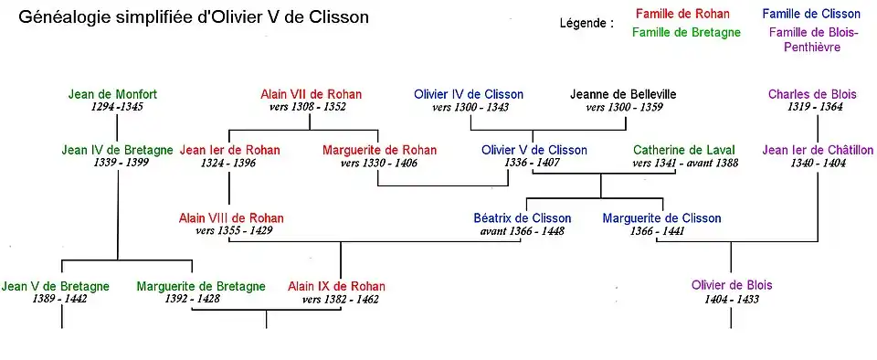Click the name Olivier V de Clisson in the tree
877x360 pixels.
(534, 150)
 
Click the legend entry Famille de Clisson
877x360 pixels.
(810, 14)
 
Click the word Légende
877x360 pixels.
(586, 24)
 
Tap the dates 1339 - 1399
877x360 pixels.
(117, 163)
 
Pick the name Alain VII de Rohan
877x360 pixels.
(311, 94)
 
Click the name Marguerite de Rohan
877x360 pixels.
(379, 150)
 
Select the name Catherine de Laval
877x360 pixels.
(684, 150)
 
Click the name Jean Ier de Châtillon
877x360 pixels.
(818, 150)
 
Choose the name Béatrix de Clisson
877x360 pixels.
(522, 218)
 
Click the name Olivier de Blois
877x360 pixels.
(732, 285)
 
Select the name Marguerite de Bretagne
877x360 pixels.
(201, 286)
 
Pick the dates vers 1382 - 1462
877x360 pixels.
(340, 299)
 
